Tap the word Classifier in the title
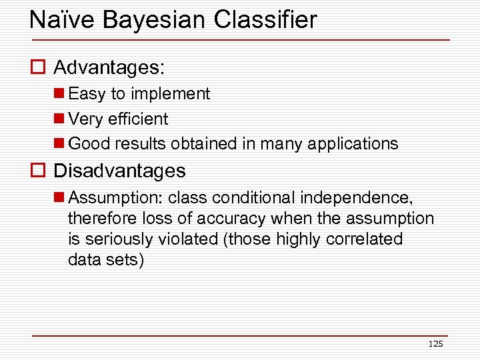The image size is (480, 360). (x=266, y=20)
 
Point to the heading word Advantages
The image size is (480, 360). (x=109, y=68)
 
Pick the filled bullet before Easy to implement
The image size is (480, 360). (x=59, y=94)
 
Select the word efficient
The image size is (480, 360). (x=138, y=119)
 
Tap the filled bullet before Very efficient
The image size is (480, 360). (x=59, y=119)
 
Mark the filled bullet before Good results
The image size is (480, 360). (x=59, y=144)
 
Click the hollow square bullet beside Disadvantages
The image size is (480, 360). (x=37, y=171)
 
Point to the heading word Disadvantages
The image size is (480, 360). (x=119, y=171)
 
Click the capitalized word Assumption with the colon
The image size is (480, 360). (x=116, y=197)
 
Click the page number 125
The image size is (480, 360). (x=435, y=344)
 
